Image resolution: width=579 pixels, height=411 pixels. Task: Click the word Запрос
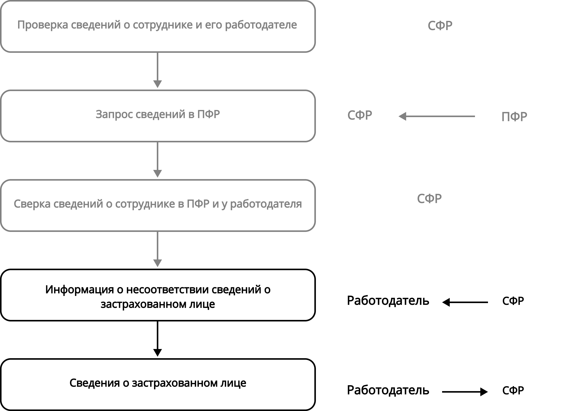point(114,115)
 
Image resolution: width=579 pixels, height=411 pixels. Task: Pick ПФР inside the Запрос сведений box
point(208,115)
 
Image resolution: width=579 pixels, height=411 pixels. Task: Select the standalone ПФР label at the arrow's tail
point(514,117)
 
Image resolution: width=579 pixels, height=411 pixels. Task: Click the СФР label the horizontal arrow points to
point(360,115)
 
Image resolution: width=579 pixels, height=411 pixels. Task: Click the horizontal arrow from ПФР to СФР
point(436,117)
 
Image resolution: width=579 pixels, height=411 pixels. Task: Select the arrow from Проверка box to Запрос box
point(158,70)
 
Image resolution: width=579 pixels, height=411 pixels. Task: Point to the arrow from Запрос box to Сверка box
point(158,160)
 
